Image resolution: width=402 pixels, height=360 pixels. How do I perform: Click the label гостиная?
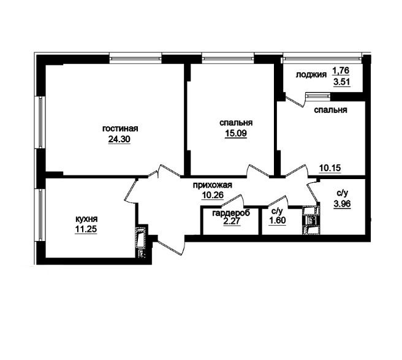point(120,129)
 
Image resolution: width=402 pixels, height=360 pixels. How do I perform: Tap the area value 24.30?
point(119,139)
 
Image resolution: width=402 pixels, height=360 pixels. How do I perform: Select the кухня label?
point(86,219)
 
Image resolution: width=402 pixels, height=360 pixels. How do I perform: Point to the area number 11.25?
point(86,229)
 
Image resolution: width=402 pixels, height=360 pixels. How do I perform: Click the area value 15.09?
point(236,134)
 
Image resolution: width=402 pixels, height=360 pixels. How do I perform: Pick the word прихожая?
point(212,185)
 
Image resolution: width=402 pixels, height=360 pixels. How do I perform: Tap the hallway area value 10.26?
point(213,195)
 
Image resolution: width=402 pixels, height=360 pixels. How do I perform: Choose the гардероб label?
point(231,213)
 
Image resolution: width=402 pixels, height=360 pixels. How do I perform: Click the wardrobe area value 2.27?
point(232,221)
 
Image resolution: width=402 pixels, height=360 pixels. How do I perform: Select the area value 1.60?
point(278,220)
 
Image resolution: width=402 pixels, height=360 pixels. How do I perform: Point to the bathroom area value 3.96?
point(342,204)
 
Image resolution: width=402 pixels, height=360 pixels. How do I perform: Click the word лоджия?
point(311,75)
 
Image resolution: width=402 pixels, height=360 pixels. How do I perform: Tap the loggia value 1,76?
point(341,70)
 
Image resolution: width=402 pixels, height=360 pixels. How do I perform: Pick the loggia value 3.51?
point(342,82)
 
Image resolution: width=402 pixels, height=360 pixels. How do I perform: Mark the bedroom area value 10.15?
point(330,168)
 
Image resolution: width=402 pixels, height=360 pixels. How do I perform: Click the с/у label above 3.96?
point(342,193)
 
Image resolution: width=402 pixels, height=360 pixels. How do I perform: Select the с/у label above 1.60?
point(277,212)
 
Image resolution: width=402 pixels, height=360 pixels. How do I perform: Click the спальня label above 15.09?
point(236,123)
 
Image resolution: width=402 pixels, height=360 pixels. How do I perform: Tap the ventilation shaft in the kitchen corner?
point(140,242)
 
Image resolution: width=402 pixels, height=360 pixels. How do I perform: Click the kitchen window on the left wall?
point(40,215)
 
